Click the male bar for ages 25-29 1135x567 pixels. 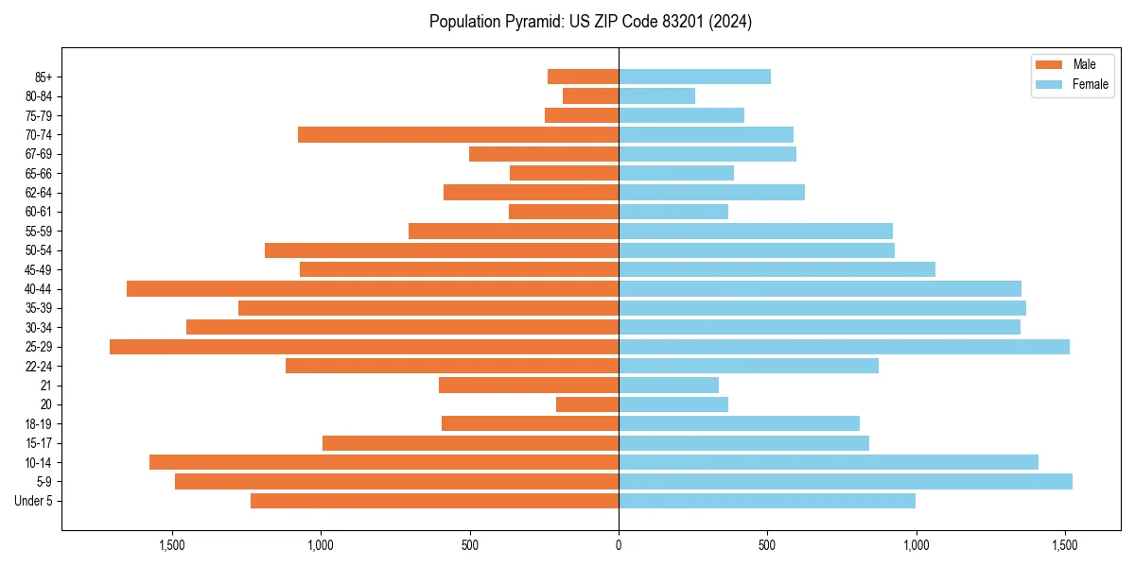click(x=364, y=347)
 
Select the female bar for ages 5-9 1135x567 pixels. click(x=845, y=482)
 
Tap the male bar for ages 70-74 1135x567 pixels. click(x=458, y=135)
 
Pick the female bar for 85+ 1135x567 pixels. click(x=694, y=77)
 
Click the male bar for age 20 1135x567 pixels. click(x=587, y=404)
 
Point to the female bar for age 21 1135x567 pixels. click(x=668, y=386)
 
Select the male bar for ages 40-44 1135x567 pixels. click(x=373, y=289)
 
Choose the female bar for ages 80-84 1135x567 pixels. click(x=656, y=96)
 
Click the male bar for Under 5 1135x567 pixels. click(x=434, y=501)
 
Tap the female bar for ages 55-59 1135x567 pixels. click(x=755, y=232)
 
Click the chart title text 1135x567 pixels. click(x=590, y=22)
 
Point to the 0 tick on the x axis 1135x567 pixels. click(x=619, y=545)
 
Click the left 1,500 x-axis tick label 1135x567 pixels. click(x=172, y=545)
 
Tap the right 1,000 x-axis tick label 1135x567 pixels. click(x=916, y=545)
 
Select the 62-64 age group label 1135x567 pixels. click(x=39, y=193)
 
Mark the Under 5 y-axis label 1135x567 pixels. click(x=34, y=501)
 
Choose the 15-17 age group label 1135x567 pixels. click(x=39, y=443)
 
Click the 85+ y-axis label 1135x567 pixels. click(x=43, y=77)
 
